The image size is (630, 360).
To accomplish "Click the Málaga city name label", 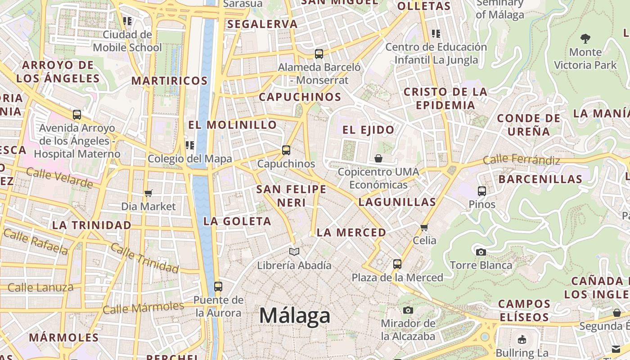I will tap(295, 315).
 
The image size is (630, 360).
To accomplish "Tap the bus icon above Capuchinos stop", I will tap(286, 150).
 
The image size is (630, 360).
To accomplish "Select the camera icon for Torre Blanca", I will tap(481, 252).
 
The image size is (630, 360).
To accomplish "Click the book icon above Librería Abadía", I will tap(294, 252).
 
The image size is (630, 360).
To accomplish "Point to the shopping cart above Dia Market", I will tap(148, 193).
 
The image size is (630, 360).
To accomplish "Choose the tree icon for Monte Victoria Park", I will tap(585, 38).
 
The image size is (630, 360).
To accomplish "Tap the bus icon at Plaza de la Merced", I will tap(397, 264).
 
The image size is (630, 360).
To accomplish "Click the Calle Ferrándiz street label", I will tap(522, 160).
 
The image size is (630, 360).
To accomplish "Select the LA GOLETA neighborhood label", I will tap(237, 221).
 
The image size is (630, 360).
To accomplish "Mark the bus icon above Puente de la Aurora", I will tap(218, 286).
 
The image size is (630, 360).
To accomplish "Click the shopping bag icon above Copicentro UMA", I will tap(378, 158).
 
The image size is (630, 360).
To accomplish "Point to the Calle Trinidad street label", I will tap(144, 258).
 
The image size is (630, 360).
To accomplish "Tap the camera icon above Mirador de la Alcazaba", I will tap(408, 310).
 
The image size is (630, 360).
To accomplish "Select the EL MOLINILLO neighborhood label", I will tap(232, 125).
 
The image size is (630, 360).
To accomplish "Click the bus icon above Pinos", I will tap(482, 191).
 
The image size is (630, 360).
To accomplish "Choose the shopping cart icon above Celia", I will tap(424, 227).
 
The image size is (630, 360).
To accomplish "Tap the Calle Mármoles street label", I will tap(143, 308).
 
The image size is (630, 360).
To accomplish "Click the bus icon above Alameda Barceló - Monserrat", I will tap(319, 54).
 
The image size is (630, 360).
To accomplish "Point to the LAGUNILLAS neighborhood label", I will tap(397, 202).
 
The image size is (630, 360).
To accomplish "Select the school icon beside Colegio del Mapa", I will tap(190, 145).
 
